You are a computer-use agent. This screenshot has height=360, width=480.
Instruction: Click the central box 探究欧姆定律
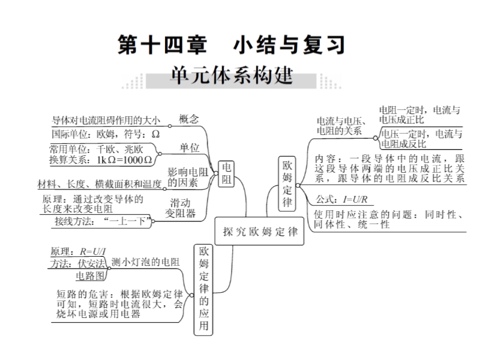[259, 231]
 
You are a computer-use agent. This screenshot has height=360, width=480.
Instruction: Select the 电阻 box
[226, 173]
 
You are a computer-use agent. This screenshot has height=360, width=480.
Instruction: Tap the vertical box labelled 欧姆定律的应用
[203, 290]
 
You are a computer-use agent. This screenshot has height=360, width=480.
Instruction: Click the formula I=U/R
[355, 200]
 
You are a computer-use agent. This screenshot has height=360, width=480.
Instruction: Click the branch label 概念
[189, 119]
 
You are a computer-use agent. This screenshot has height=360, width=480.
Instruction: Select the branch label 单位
[190, 148]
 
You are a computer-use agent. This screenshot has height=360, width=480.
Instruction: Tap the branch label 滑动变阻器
[180, 208]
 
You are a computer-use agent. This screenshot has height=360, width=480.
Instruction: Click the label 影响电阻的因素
[188, 177]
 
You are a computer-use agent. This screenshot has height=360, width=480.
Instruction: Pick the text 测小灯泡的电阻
[145, 262]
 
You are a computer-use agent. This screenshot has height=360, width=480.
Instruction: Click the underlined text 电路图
[91, 276]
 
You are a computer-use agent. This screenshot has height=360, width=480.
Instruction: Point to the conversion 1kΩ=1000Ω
[124, 160]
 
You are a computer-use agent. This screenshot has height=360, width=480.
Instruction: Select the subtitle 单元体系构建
[232, 76]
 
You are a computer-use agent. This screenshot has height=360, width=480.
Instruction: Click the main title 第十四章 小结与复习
[231, 44]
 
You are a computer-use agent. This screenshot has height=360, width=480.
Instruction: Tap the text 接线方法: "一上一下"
[103, 221]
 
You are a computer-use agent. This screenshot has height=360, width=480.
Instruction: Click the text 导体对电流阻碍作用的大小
[106, 120]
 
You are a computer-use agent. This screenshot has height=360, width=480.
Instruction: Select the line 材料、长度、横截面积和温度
[99, 184]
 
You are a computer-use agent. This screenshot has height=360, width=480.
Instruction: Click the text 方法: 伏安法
[78, 263]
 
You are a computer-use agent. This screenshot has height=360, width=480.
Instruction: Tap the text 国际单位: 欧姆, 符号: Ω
[106, 134]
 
